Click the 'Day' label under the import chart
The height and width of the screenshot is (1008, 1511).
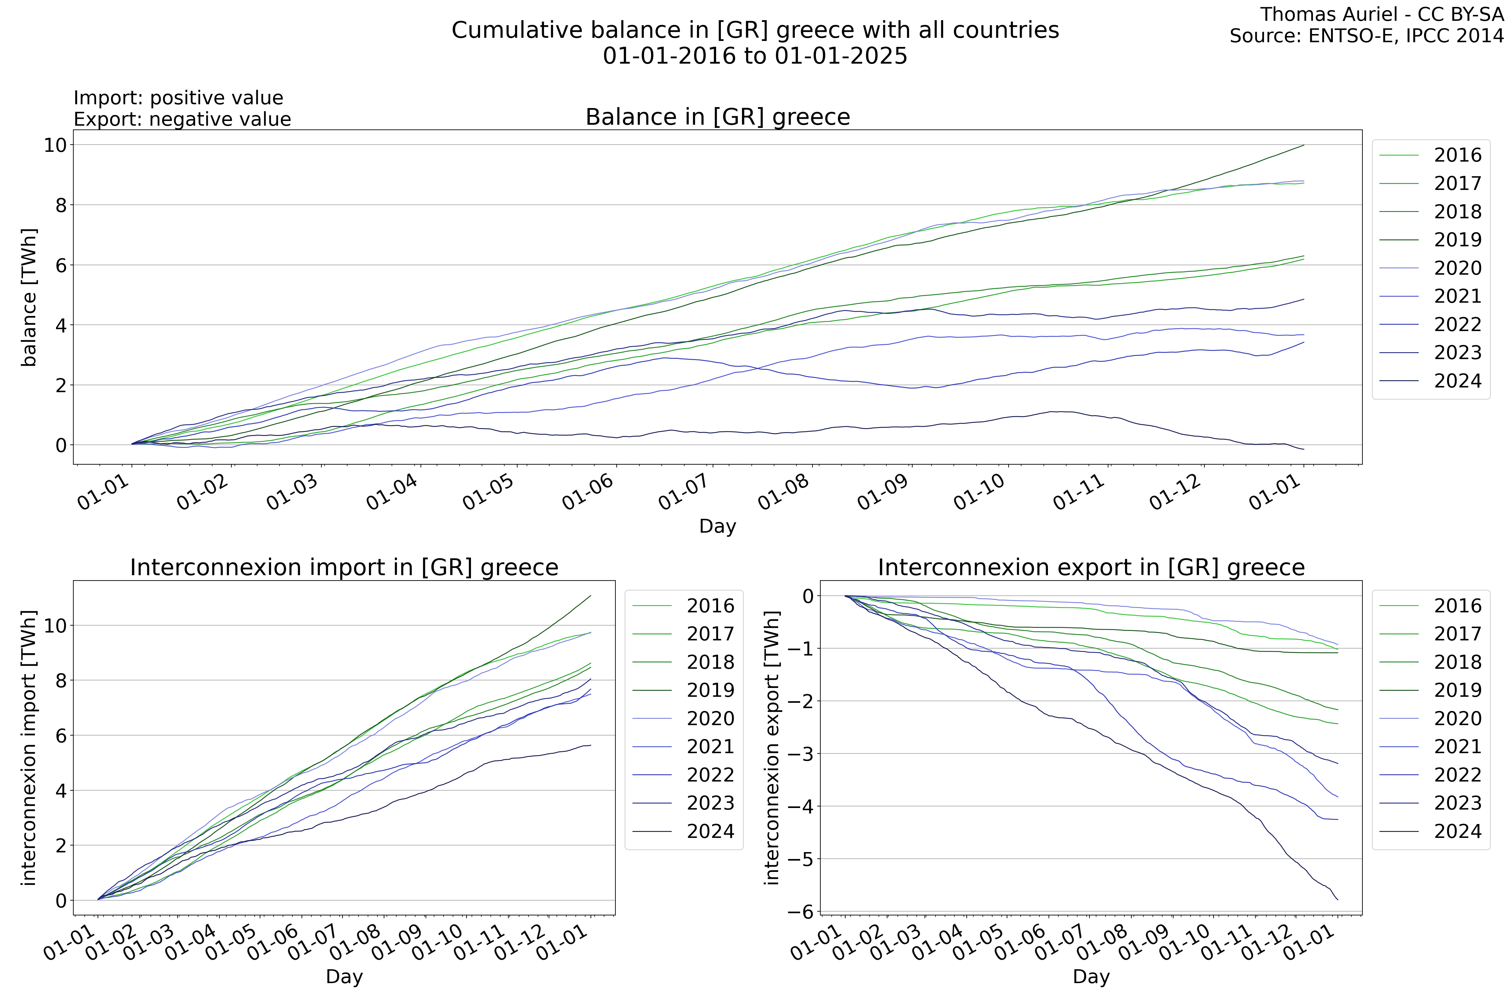pyautogui.click(x=344, y=976)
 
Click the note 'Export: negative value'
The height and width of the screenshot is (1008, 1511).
pyautogui.click(x=183, y=120)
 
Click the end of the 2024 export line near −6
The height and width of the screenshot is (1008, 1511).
pyautogui.click(x=1338, y=899)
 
